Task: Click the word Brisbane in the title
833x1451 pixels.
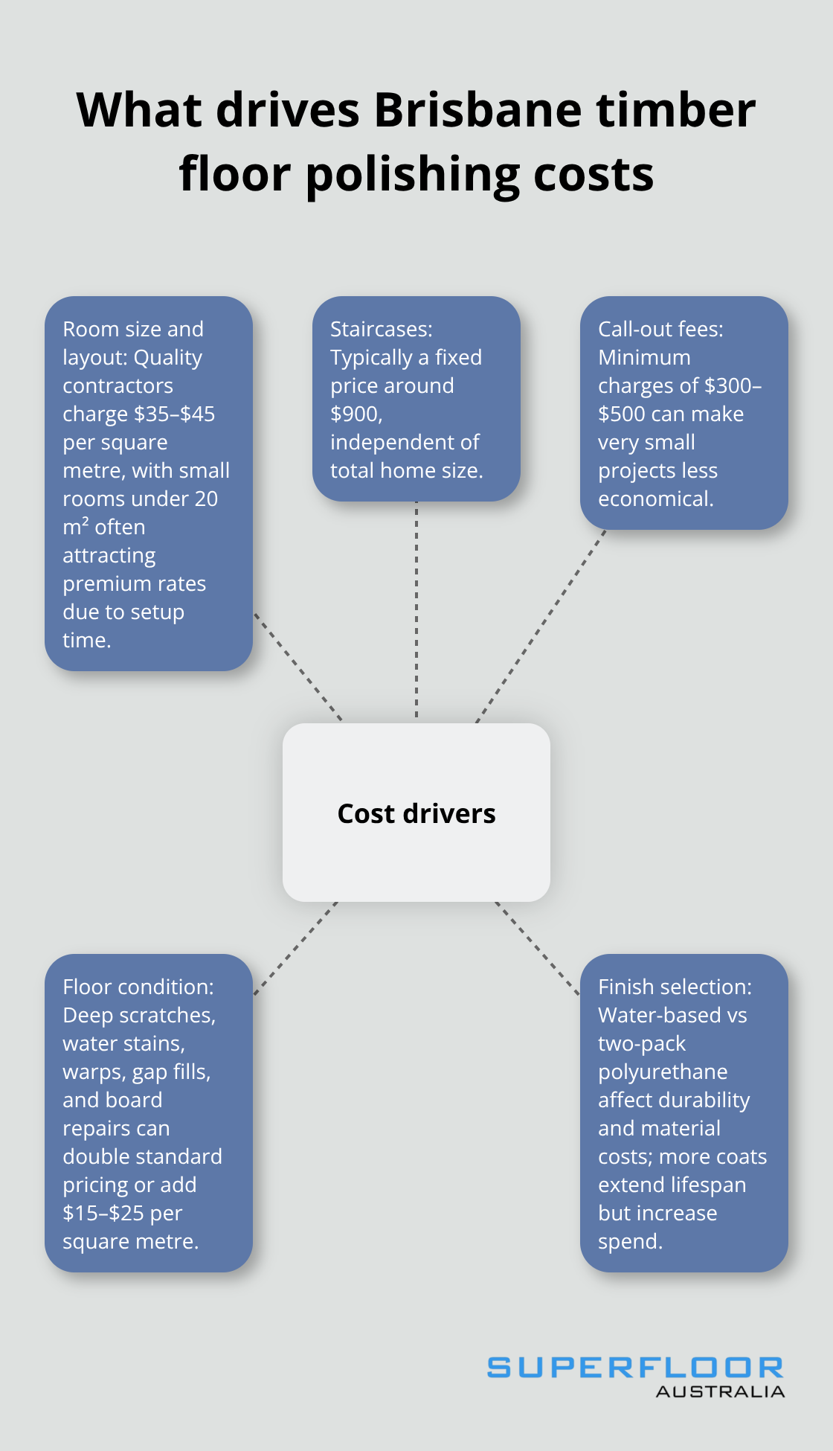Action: click(x=479, y=110)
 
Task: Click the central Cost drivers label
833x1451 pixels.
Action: click(x=416, y=813)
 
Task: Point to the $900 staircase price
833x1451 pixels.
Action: click(x=356, y=414)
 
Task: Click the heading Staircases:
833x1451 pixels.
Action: click(x=381, y=329)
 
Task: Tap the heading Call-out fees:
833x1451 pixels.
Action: click(x=660, y=329)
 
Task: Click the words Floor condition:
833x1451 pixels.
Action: click(x=138, y=987)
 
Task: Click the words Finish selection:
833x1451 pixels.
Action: click(x=675, y=987)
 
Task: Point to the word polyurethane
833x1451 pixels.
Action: click(x=663, y=1072)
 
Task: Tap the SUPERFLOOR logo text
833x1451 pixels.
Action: click(x=635, y=1367)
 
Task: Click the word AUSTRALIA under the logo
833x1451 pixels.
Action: click(x=720, y=1391)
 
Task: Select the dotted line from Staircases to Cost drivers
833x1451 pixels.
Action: click(x=416, y=610)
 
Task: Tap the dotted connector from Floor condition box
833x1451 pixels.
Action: click(x=296, y=949)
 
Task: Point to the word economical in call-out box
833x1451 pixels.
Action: click(x=655, y=499)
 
